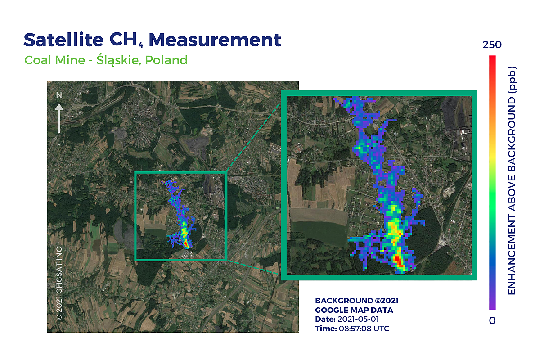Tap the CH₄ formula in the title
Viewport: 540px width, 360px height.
coord(126,40)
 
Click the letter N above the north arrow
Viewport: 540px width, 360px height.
coord(58,95)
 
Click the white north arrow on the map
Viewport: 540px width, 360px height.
coord(58,118)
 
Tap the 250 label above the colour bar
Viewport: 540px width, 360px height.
coord(492,45)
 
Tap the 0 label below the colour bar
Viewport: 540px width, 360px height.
coord(492,320)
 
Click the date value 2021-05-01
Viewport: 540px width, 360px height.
coord(358,319)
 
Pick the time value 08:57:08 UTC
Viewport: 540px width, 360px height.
coord(364,328)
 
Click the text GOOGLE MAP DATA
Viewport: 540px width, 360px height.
coord(354,310)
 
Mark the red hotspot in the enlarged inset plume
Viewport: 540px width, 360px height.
coord(398,260)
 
